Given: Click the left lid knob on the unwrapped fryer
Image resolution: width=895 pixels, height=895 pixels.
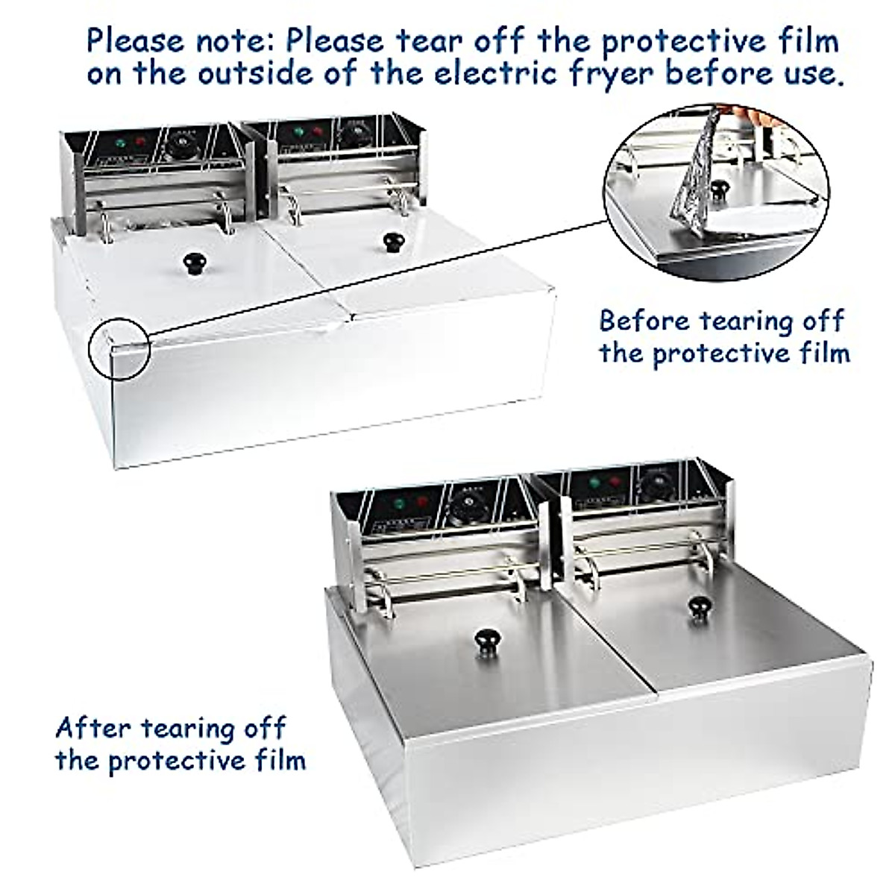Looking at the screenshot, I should [488, 638].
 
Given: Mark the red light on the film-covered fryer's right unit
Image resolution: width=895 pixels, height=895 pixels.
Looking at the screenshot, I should [318, 131].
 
